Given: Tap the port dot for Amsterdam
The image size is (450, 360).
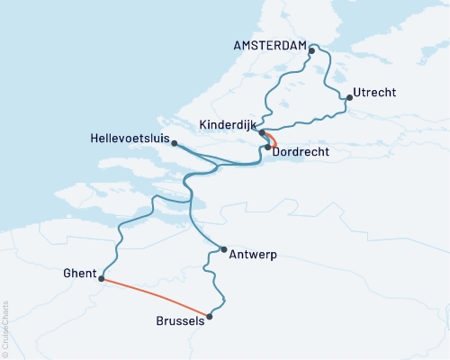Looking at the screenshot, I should coord(311,50).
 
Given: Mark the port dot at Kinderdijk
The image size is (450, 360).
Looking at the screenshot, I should coord(262,133).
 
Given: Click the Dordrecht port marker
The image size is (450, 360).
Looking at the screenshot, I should coord(268,147).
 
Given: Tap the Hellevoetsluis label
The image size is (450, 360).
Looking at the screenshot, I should coord(130,138).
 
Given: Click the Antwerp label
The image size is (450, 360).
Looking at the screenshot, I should coord(254,255).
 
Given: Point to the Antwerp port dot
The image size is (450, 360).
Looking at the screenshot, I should coord(223,249).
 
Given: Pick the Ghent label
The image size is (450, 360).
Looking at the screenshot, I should coord(78,273).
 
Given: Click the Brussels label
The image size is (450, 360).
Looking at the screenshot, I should coord(180,321).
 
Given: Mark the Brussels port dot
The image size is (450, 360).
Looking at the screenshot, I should coord(210,316).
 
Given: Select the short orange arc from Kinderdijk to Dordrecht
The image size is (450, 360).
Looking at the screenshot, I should coord(274,139).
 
